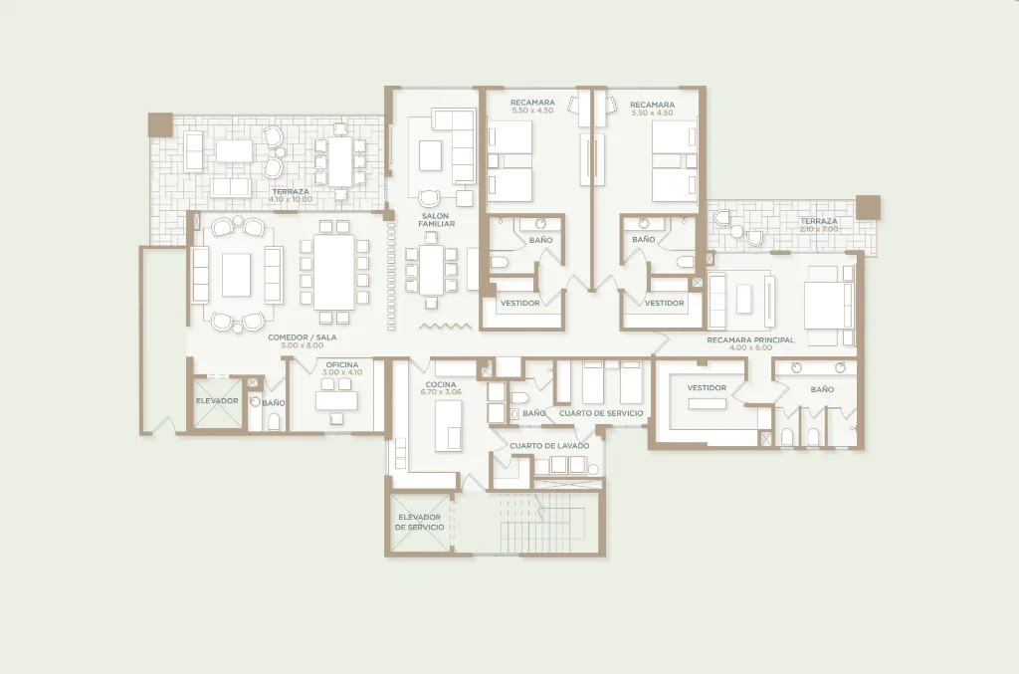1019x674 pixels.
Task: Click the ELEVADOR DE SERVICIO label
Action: tap(419, 522)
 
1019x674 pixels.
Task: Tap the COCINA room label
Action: tap(441, 384)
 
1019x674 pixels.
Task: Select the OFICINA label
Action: tap(342, 364)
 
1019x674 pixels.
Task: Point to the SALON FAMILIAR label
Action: tap(436, 220)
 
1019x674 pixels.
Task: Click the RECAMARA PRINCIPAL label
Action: tap(750, 339)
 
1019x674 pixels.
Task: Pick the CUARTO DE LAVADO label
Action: tap(549, 446)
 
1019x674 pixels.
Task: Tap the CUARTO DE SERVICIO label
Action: tap(601, 413)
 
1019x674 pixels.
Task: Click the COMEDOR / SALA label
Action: tap(303, 337)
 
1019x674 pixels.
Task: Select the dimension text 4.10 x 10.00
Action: tap(291, 199)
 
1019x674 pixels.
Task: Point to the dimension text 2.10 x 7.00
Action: tap(819, 229)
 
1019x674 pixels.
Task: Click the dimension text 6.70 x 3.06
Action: tap(441, 392)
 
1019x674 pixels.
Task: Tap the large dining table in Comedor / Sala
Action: tap(334, 272)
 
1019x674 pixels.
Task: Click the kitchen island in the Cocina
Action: tap(449, 425)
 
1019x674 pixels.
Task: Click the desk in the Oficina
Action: tap(336, 400)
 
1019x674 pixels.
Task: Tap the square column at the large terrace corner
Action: tap(160, 124)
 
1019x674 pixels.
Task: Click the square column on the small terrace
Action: tap(868, 207)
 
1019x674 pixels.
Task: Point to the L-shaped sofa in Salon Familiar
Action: tap(456, 144)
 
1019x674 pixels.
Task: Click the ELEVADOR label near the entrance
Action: tap(217, 400)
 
